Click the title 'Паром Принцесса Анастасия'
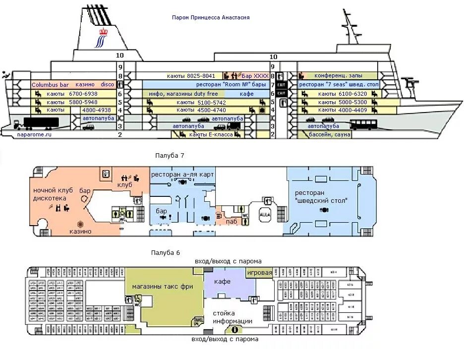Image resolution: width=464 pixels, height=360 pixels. (211, 18)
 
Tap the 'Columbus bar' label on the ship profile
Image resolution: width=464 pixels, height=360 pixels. (50, 85)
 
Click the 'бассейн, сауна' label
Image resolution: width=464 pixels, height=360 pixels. (330, 134)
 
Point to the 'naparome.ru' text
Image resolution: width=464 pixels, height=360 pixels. (34, 134)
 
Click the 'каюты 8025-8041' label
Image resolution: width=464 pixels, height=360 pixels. (191, 76)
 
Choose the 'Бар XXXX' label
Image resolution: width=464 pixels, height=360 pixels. (254, 76)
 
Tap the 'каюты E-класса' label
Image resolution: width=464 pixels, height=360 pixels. (211, 134)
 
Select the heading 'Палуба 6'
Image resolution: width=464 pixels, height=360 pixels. (166, 252)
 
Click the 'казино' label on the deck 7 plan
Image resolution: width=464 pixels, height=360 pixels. (80, 231)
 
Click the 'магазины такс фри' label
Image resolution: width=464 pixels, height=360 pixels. (163, 287)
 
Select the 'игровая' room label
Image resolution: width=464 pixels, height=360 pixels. (260, 273)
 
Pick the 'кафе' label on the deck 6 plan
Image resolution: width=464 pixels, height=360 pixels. (223, 281)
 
